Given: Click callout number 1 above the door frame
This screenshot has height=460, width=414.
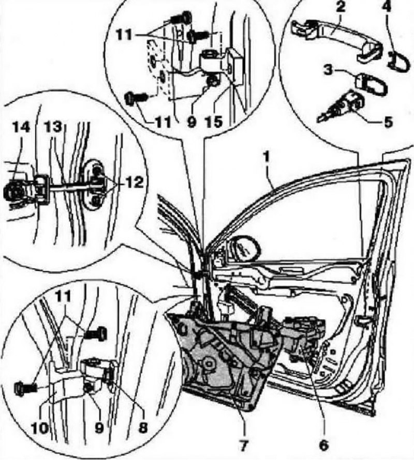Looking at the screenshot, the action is click(x=266, y=158).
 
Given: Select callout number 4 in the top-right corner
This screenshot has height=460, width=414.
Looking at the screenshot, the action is click(x=387, y=6).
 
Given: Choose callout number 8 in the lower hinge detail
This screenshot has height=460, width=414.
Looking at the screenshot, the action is click(x=142, y=427).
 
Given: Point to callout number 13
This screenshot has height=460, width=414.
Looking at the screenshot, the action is click(x=53, y=127).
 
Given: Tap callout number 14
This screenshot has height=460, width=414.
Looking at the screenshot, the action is click(x=21, y=127).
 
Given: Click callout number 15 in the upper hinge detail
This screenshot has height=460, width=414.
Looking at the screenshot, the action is click(x=213, y=122).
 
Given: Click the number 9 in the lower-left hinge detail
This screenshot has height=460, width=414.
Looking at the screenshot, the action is click(x=99, y=428).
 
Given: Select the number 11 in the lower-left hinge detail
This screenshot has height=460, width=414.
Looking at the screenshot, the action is click(x=63, y=297).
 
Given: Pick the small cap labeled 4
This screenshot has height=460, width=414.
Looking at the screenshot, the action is click(x=398, y=61).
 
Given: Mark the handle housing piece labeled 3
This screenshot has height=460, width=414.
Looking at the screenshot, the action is click(x=372, y=84).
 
